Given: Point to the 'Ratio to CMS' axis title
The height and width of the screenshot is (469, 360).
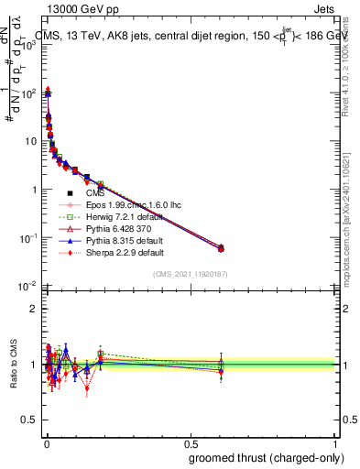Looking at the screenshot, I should click(12, 365).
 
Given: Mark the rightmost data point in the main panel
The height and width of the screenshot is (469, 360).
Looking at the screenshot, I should click(221, 247).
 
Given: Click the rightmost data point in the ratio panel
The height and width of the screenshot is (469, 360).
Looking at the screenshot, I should click(221, 365).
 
